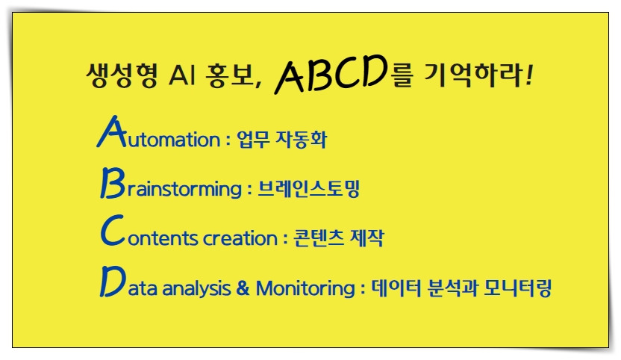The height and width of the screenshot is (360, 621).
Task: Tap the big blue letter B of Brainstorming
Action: click(x=110, y=184)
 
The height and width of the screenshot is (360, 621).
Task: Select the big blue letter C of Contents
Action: click(x=110, y=234)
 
